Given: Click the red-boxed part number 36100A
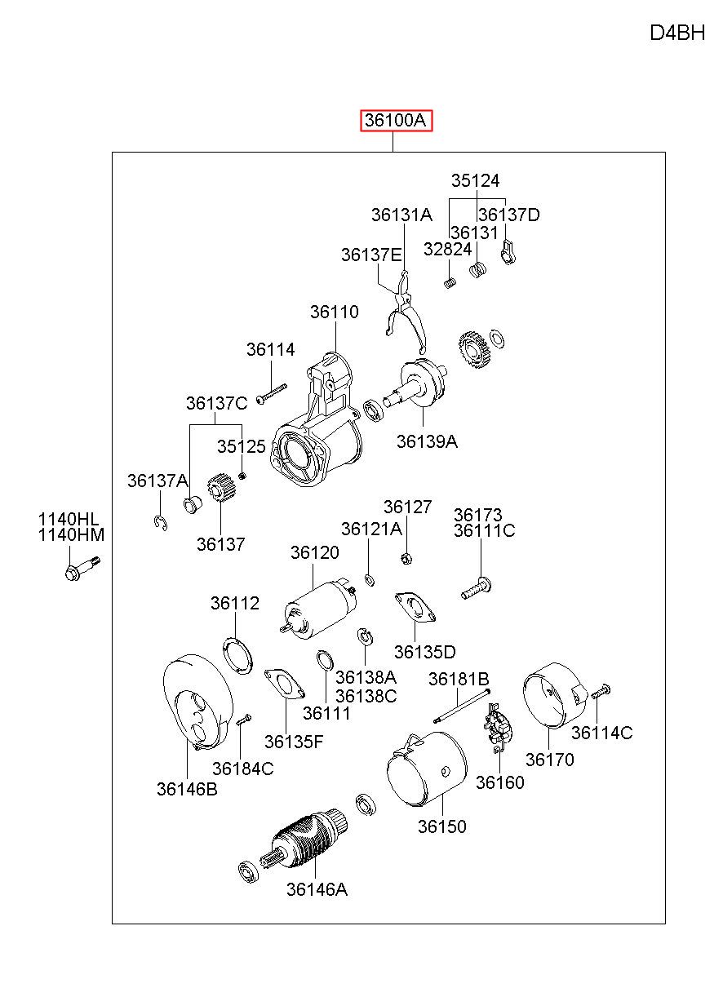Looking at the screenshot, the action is [x=396, y=120].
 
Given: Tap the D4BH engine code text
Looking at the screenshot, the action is [x=677, y=33].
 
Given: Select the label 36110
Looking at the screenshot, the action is [x=334, y=312].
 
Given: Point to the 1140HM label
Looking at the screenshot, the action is [x=71, y=535].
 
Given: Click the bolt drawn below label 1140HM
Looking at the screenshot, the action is [x=82, y=569].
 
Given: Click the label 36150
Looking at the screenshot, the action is [x=441, y=826].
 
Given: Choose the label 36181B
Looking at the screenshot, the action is [x=459, y=679].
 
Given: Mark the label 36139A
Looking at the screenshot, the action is [x=427, y=441].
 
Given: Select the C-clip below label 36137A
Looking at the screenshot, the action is [x=161, y=523].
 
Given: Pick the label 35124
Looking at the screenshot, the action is [x=475, y=180].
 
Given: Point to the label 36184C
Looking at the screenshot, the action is [x=242, y=769].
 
